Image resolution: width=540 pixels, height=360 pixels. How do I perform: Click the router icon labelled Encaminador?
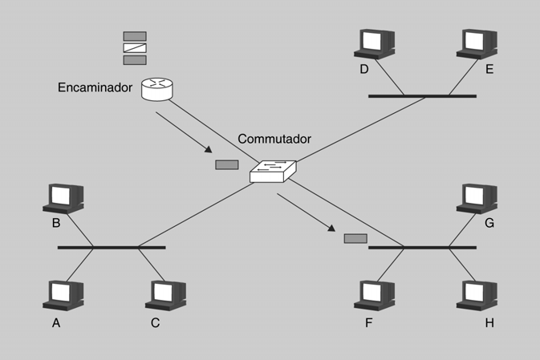[157, 88]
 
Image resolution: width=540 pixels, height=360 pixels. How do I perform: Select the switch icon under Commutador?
[273, 170]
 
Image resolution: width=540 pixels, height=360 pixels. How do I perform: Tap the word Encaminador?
[95, 86]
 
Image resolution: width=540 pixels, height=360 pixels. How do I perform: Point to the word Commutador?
[274, 139]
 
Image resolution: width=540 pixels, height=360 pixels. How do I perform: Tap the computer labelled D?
[375, 43]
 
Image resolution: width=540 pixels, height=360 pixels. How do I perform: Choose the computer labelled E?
[477, 43]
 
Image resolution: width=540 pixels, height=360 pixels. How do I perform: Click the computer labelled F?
[375, 295]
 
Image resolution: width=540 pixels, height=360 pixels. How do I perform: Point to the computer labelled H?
[477, 295]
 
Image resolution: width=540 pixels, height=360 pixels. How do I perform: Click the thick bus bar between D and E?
[422, 96]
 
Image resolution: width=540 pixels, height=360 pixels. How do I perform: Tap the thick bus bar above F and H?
[422, 248]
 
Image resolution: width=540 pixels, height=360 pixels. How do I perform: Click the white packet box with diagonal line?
[135, 48]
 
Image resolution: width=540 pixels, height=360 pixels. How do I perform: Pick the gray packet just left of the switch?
[227, 165]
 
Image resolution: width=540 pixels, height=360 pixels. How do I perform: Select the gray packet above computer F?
[355, 238]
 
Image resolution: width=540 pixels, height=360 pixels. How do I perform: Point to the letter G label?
[489, 222]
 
